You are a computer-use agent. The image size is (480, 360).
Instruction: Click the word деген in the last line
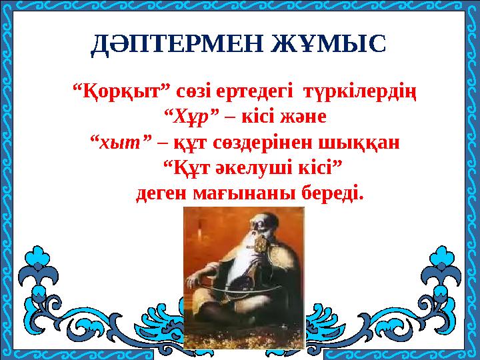tap(162, 194)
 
